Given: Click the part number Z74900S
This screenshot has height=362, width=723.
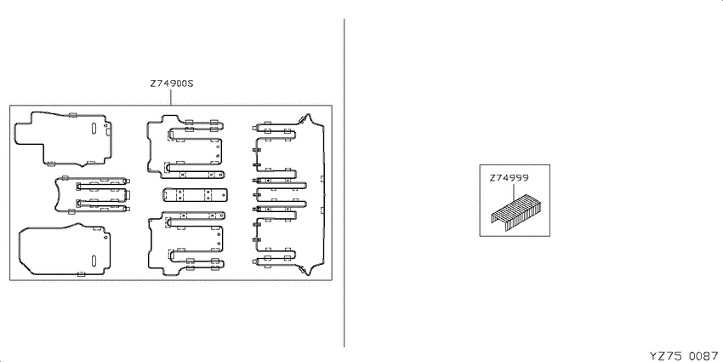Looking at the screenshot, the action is coord(171,84).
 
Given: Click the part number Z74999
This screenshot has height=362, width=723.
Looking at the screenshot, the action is coord(509,178).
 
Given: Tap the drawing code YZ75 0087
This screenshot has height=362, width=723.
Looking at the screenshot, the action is coord(684,355).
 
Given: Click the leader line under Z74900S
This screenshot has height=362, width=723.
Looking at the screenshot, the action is coord(171,97).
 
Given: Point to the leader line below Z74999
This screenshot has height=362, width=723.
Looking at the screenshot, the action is coord(512,192).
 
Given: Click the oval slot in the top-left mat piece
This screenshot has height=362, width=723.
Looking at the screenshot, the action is coord(94,129).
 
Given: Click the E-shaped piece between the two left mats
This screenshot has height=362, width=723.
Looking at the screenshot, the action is coord(56,194).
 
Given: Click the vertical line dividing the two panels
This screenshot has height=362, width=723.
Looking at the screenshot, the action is coord(344,183).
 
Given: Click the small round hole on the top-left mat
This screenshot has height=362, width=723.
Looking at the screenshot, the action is coord(106,124).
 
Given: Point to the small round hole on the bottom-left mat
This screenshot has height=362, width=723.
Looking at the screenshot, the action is coord(106,238).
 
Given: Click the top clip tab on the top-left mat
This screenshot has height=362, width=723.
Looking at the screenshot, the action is coord(72,113).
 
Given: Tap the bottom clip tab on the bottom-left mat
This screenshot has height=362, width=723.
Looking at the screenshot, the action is coord(81,274).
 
